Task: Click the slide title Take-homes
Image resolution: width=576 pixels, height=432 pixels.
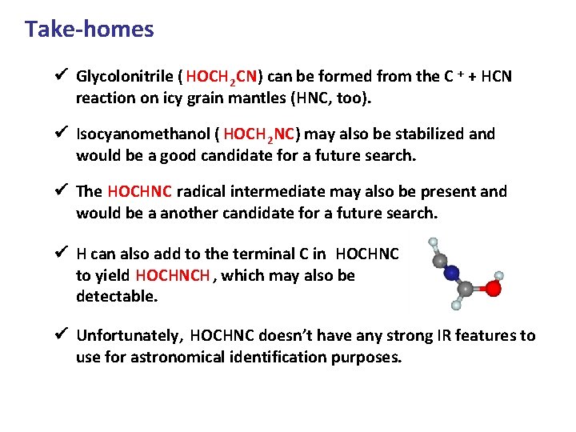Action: pyautogui.click(x=89, y=30)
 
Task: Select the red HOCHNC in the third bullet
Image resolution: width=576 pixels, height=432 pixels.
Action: pyautogui.click(x=139, y=192)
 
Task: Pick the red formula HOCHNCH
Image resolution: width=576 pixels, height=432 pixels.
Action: pyautogui.click(x=173, y=276)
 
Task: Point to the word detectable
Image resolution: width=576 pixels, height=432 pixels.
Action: pyautogui.click(x=117, y=297)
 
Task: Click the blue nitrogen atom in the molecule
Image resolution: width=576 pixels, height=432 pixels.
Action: pyautogui.click(x=452, y=274)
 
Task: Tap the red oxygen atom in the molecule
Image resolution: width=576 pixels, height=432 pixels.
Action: pyautogui.click(x=494, y=289)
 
